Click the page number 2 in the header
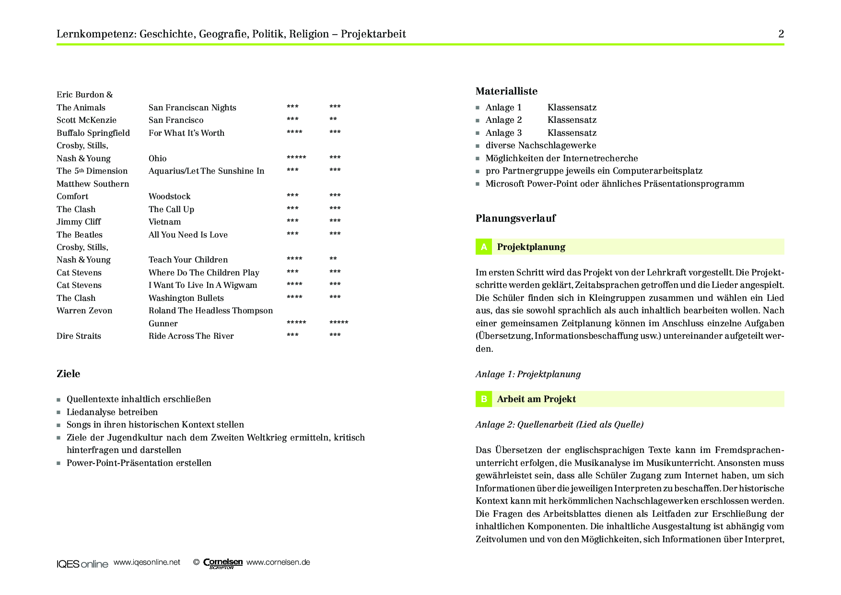[781, 34]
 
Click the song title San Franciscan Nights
[192, 107]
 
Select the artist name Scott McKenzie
[86, 120]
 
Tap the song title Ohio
[157, 158]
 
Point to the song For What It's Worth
[187, 133]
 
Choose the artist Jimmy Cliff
[79, 222]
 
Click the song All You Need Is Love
[188, 235]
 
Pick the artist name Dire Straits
[79, 336]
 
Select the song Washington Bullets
[186, 298]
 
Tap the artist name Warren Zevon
[84, 310]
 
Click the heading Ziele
[69, 374]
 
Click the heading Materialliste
[506, 91]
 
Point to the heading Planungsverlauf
[515, 218]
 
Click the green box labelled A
[484, 247]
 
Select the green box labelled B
[484, 399]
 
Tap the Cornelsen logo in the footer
[223, 563]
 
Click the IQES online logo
[82, 564]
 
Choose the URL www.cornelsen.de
[278, 562]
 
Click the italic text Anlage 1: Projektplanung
[528, 374]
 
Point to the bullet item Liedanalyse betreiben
[112, 412]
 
